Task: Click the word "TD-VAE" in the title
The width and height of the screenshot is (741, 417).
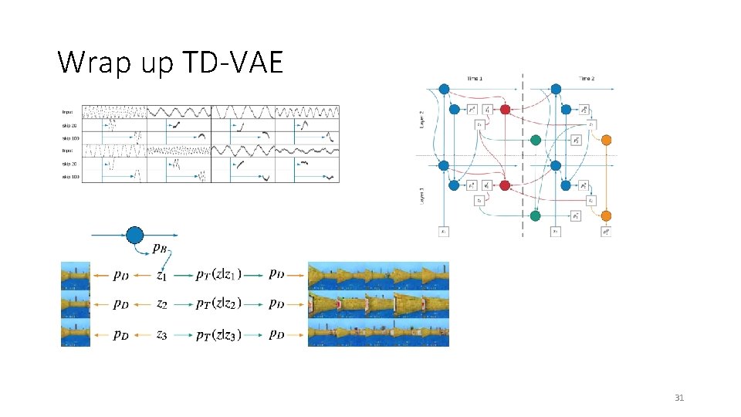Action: click(235, 63)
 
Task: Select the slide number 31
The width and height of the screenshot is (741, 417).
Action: click(679, 398)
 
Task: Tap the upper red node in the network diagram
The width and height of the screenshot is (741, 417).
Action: click(505, 110)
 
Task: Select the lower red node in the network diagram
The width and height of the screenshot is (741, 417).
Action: click(505, 185)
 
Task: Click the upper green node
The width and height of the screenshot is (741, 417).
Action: click(536, 141)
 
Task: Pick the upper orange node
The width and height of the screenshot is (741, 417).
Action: click(606, 140)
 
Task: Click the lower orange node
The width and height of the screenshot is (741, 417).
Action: click(606, 215)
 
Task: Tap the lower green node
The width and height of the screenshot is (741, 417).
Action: click(536, 216)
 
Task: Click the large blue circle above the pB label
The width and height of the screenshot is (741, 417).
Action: click(134, 235)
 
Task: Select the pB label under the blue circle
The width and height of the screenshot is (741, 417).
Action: click(161, 249)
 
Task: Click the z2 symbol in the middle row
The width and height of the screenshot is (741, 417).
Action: click(161, 304)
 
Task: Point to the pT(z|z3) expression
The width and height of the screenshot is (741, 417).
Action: click(218, 334)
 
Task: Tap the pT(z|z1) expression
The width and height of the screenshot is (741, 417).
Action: click(218, 273)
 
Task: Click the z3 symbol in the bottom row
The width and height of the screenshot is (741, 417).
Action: click(161, 334)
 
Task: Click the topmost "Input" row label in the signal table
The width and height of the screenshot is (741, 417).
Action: click(68, 112)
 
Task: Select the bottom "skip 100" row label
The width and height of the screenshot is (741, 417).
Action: click(70, 177)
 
